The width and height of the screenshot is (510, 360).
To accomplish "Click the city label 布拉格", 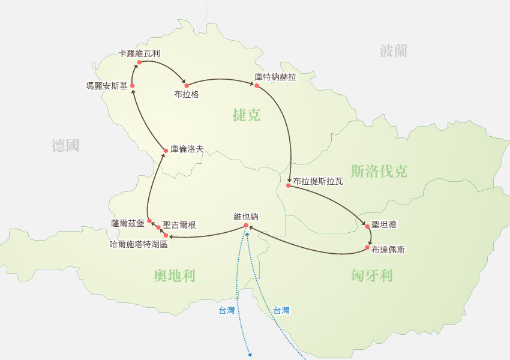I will click(x=186, y=94).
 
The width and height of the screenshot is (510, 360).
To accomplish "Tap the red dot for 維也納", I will click(x=246, y=226).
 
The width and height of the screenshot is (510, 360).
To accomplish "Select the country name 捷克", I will click(x=247, y=115).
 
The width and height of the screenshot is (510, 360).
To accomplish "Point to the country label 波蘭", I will click(x=394, y=51).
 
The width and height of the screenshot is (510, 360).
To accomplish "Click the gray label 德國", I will click(x=65, y=145).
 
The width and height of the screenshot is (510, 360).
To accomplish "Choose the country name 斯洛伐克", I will click(x=379, y=172).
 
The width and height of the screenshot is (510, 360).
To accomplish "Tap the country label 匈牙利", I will click(x=372, y=275).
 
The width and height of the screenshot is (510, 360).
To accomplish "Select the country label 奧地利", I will click(x=175, y=275).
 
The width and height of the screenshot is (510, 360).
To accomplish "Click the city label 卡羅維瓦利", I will click(x=139, y=53).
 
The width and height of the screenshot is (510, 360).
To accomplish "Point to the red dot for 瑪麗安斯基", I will click(x=132, y=86).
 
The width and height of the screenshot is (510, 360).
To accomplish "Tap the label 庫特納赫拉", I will click(x=275, y=77).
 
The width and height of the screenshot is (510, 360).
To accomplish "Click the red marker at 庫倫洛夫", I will click(x=166, y=149).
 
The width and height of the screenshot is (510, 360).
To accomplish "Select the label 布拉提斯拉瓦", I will click(x=318, y=181).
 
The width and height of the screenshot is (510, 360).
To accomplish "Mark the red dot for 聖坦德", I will click(x=367, y=226).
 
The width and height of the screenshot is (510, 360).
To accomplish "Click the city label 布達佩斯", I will click(x=388, y=249).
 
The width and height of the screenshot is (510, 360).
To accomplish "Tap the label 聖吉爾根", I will click(x=179, y=225).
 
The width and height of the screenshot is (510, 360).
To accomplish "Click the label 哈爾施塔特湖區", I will click(x=139, y=244).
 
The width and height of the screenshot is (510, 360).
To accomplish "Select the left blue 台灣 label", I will click(x=227, y=311).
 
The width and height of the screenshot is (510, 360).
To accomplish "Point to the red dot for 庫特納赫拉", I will click(x=256, y=86).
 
